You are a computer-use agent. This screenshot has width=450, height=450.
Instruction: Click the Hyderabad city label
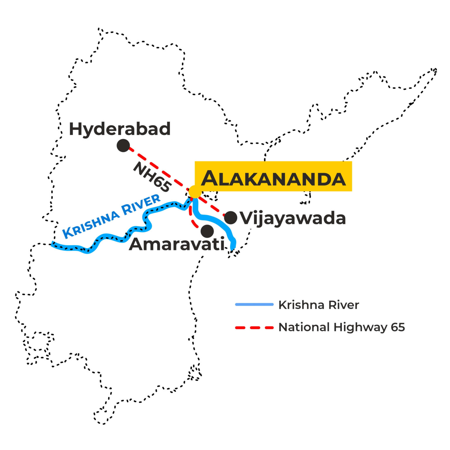120,129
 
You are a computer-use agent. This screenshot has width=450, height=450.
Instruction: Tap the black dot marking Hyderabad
123,145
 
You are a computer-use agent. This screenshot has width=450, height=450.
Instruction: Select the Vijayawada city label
293,219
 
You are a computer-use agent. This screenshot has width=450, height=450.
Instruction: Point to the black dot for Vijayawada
231,218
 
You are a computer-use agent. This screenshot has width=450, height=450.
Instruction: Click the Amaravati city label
176,244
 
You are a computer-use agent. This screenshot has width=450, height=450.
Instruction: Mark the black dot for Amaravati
207,231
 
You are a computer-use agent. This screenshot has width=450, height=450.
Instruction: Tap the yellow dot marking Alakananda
195,192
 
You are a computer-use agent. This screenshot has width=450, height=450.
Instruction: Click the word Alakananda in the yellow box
273,178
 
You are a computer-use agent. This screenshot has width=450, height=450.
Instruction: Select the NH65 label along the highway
152,177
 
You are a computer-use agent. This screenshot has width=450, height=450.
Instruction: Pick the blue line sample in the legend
254,305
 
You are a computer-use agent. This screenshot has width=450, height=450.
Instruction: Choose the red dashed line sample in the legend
254,328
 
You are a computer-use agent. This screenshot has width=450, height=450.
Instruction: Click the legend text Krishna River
318,305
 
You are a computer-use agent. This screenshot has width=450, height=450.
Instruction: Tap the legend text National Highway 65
342,327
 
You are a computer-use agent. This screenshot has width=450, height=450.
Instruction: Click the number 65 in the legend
398,327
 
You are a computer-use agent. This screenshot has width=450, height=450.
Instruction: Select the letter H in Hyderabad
75,129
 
